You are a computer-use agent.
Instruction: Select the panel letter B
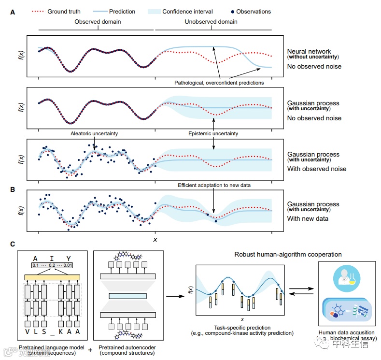13,190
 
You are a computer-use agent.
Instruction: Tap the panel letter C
13,244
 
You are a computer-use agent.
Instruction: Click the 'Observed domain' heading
98,22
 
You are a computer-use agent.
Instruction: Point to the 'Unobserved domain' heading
211,22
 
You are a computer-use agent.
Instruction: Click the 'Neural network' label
309,51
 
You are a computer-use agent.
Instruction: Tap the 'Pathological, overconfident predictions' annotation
219,83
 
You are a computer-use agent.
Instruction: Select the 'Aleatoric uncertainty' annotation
94,134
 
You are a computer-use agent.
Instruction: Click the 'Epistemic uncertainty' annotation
213,134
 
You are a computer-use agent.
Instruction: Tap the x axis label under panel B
155,239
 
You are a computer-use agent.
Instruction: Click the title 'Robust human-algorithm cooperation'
288,254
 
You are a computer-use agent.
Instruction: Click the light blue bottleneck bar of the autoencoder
127,296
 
